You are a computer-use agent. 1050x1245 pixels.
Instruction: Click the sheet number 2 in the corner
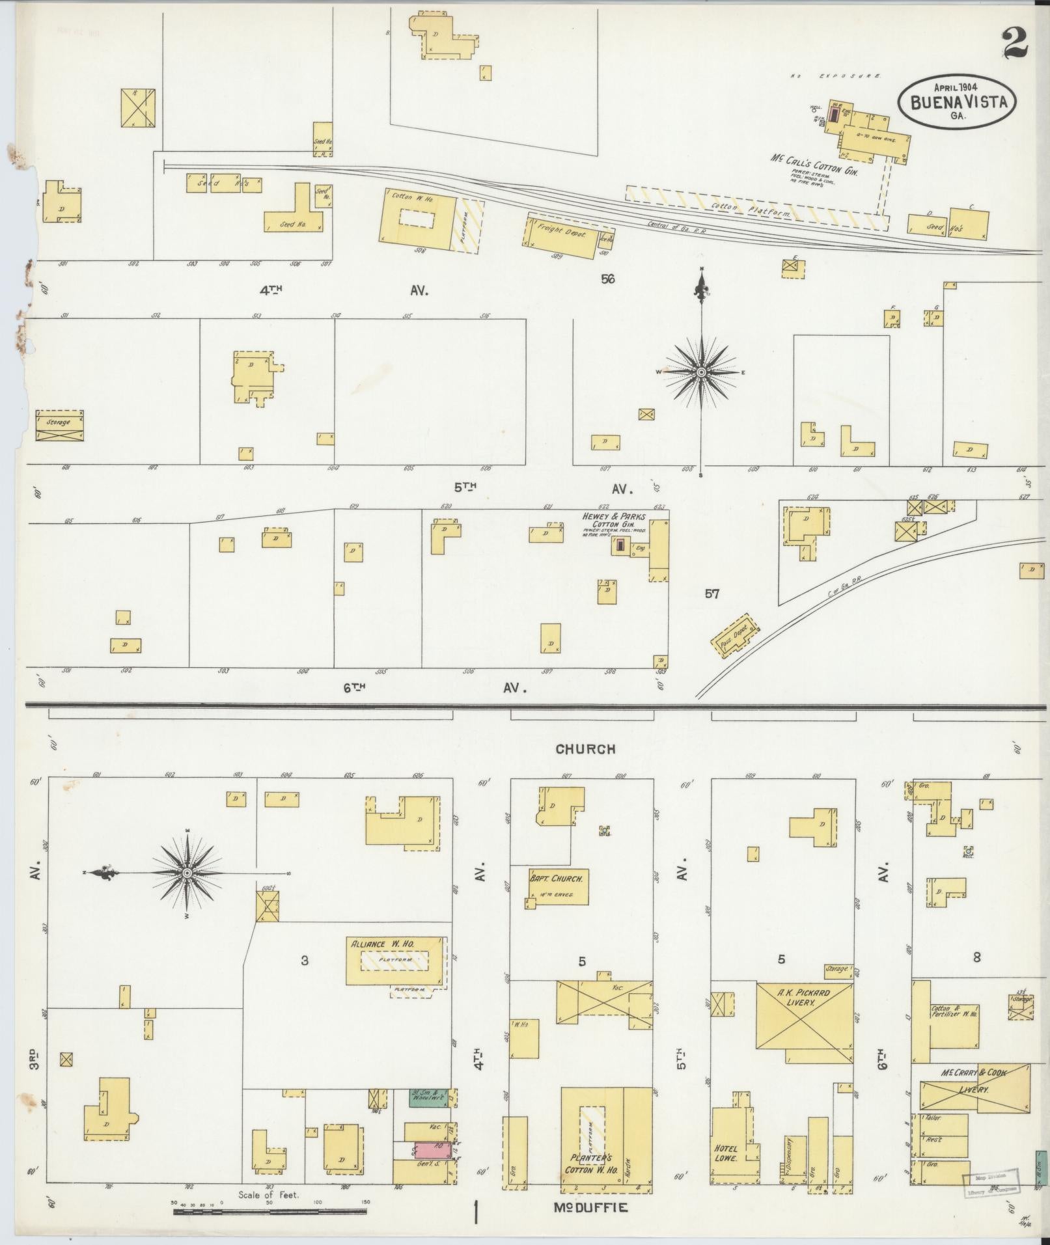[1016, 44]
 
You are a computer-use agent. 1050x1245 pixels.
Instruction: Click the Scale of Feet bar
[269, 1212]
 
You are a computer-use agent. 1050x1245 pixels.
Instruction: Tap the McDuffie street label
[591, 1208]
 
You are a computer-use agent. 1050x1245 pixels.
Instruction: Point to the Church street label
[585, 749]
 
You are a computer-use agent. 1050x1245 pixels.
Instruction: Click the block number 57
[712, 594]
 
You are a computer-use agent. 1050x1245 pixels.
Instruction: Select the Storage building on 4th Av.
[59, 426]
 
